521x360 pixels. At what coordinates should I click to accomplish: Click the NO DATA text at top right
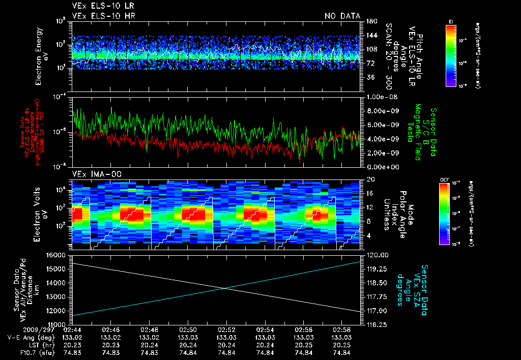(x=342, y=16)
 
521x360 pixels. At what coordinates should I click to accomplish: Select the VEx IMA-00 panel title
(x=92, y=174)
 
